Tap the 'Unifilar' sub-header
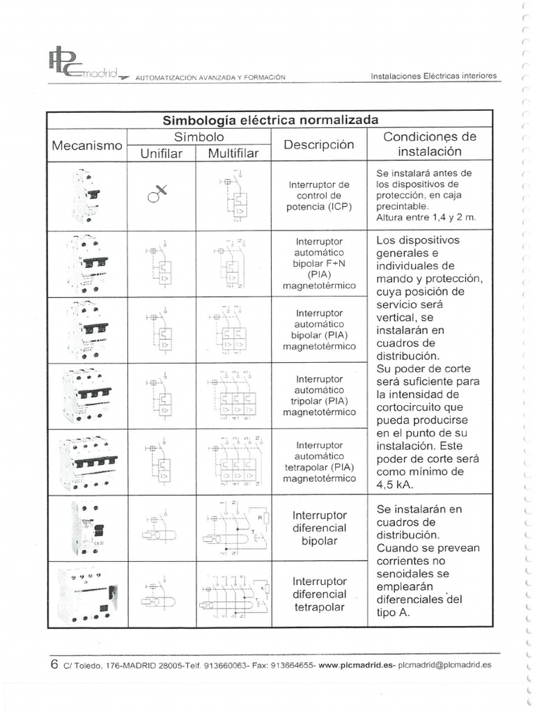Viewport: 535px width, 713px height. tap(161, 153)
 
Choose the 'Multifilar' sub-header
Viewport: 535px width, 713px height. tap(233, 153)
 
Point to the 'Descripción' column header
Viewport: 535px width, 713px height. tap(318, 145)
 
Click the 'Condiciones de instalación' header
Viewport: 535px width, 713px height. tap(429, 143)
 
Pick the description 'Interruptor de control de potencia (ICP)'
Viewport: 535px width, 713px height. tap(318, 196)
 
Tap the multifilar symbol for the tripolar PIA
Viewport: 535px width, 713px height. tap(233, 396)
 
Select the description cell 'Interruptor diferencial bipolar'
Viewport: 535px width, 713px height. tap(319, 528)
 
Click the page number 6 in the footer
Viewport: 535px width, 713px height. tap(54, 664)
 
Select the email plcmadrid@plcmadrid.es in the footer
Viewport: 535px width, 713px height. tap(444, 665)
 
